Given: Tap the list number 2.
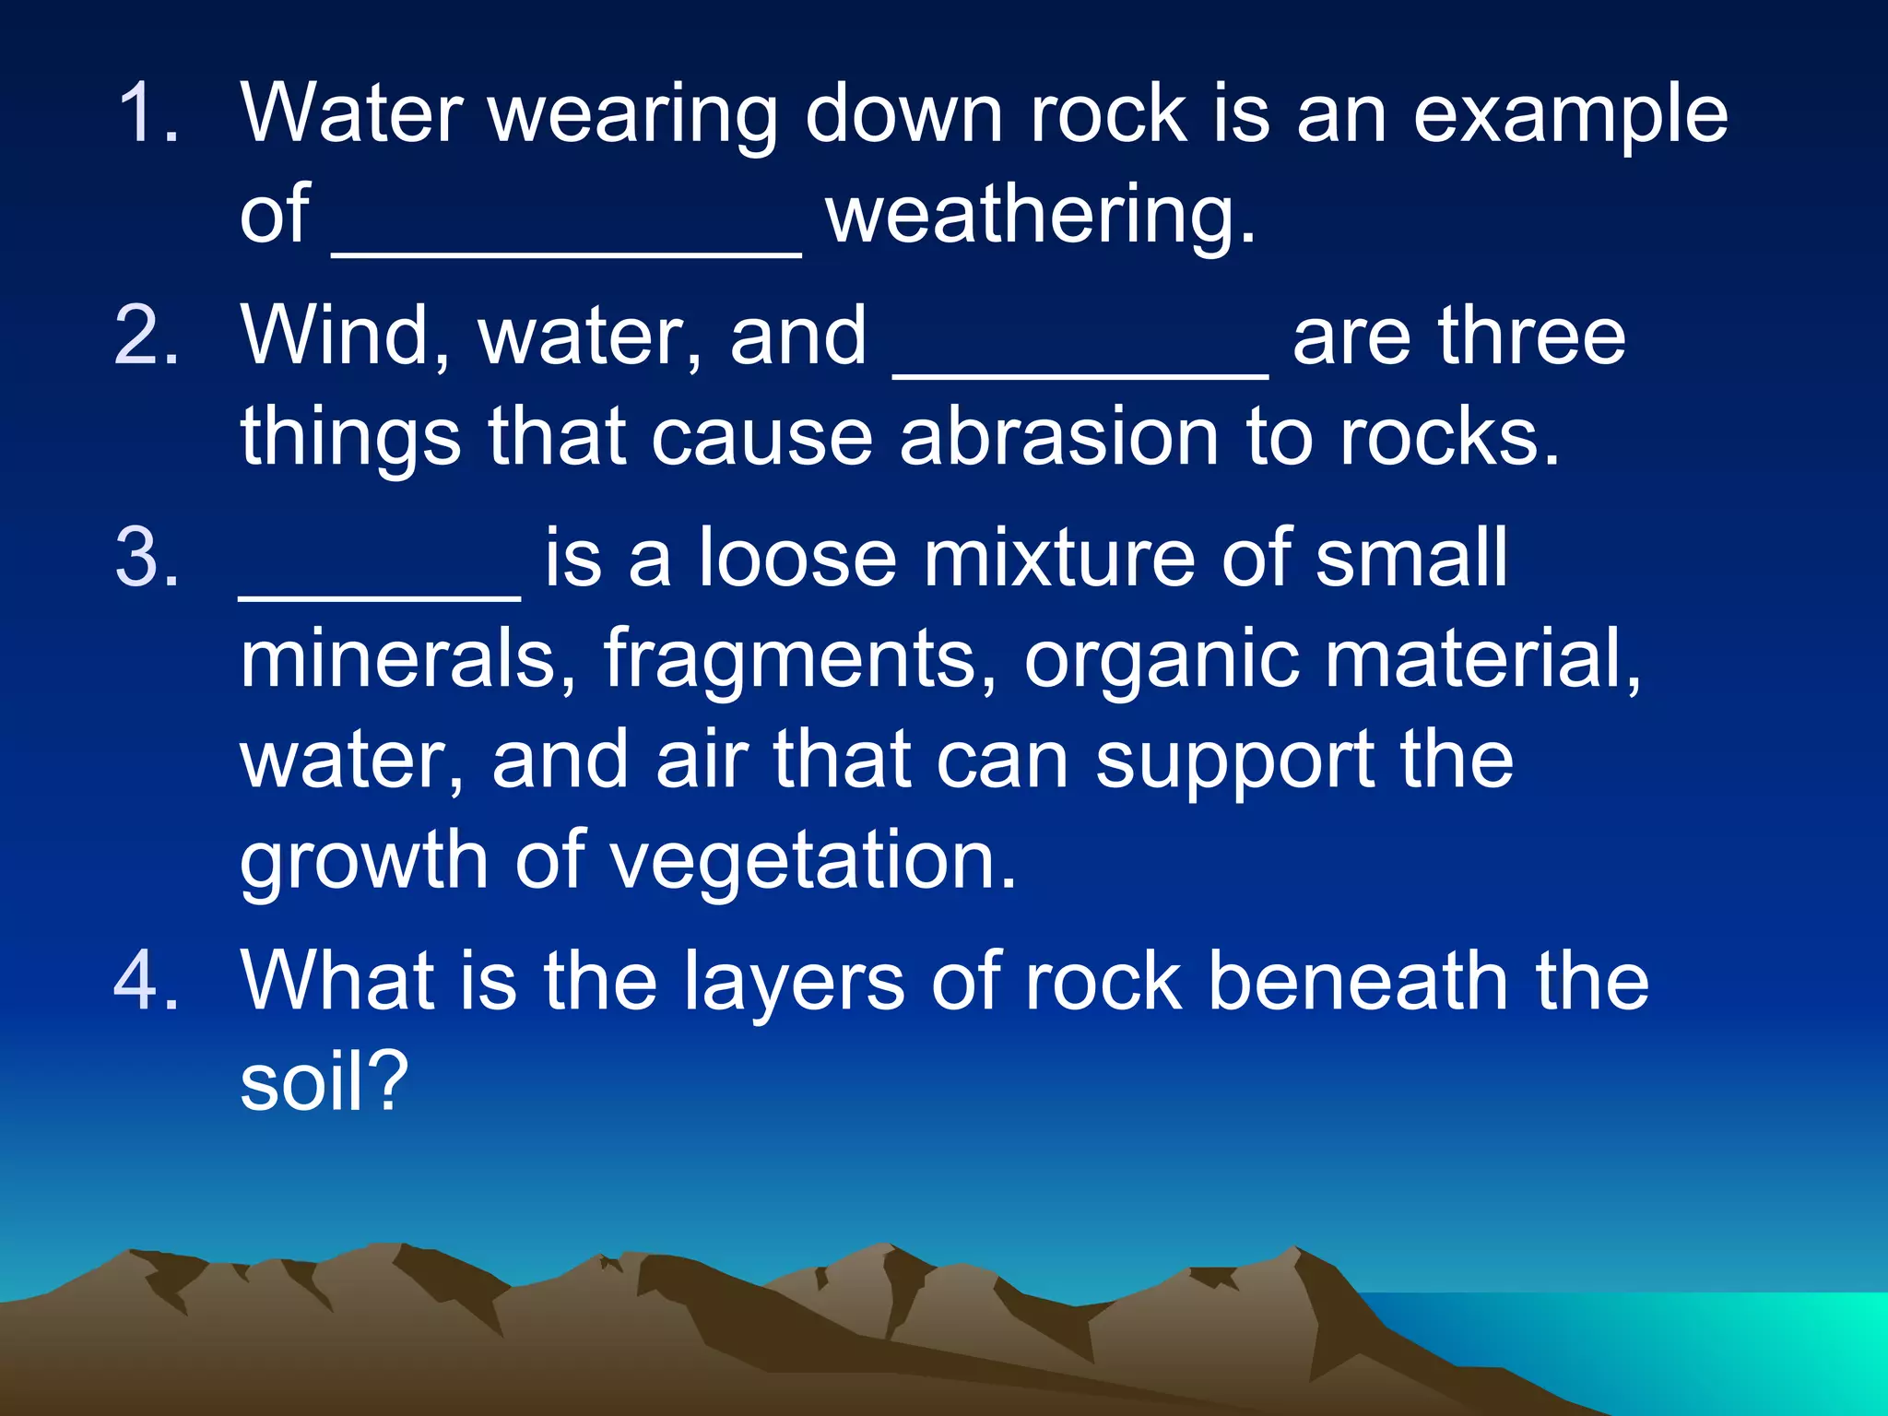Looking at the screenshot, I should click(x=147, y=336).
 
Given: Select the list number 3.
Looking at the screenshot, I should click(x=147, y=558).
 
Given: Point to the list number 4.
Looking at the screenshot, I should click(x=147, y=981).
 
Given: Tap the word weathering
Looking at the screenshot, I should click(x=1040, y=216).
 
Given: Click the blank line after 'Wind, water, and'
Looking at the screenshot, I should click(x=1080, y=373).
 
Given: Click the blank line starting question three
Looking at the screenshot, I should click(x=380, y=596).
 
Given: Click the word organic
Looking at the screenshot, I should click(x=1161, y=660).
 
